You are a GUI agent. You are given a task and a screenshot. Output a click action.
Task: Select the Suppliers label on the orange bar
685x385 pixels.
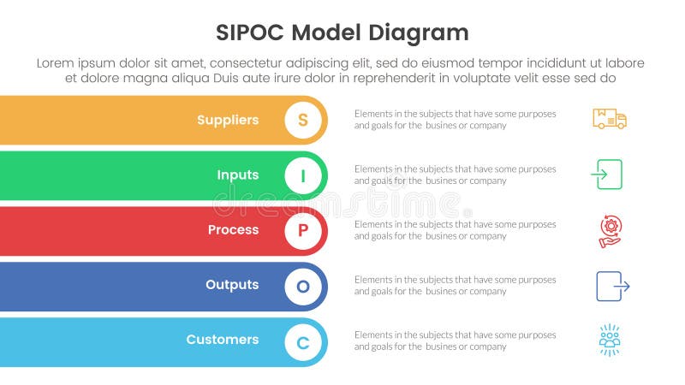point(228,120)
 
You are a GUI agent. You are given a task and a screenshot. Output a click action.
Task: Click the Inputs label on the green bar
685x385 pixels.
point(237,175)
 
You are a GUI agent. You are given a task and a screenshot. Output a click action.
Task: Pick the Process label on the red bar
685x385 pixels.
point(233,229)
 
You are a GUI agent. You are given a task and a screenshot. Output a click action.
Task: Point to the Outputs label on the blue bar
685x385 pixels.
point(232,284)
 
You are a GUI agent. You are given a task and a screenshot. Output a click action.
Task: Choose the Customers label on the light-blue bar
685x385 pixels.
point(223,339)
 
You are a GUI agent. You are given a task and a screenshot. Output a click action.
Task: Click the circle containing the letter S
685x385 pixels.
point(302,120)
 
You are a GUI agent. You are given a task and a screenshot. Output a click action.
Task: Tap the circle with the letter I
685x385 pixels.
point(302,175)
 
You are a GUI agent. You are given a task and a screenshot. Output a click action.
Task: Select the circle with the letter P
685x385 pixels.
point(302,230)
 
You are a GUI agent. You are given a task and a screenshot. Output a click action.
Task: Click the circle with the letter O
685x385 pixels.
point(302,286)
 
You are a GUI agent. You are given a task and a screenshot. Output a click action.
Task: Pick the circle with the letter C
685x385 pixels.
point(302,341)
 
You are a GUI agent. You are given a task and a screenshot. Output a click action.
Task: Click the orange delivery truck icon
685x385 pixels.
point(609,119)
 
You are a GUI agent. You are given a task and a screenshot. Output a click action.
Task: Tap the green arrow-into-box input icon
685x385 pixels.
point(606,175)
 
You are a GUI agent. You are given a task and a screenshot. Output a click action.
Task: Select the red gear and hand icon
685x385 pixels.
point(610,230)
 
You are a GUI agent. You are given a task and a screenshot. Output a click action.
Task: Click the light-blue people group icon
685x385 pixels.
point(610,340)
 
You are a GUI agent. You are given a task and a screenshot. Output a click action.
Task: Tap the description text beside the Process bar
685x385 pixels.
point(455,229)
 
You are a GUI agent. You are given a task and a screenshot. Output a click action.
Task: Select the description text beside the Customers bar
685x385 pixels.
point(455,341)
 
